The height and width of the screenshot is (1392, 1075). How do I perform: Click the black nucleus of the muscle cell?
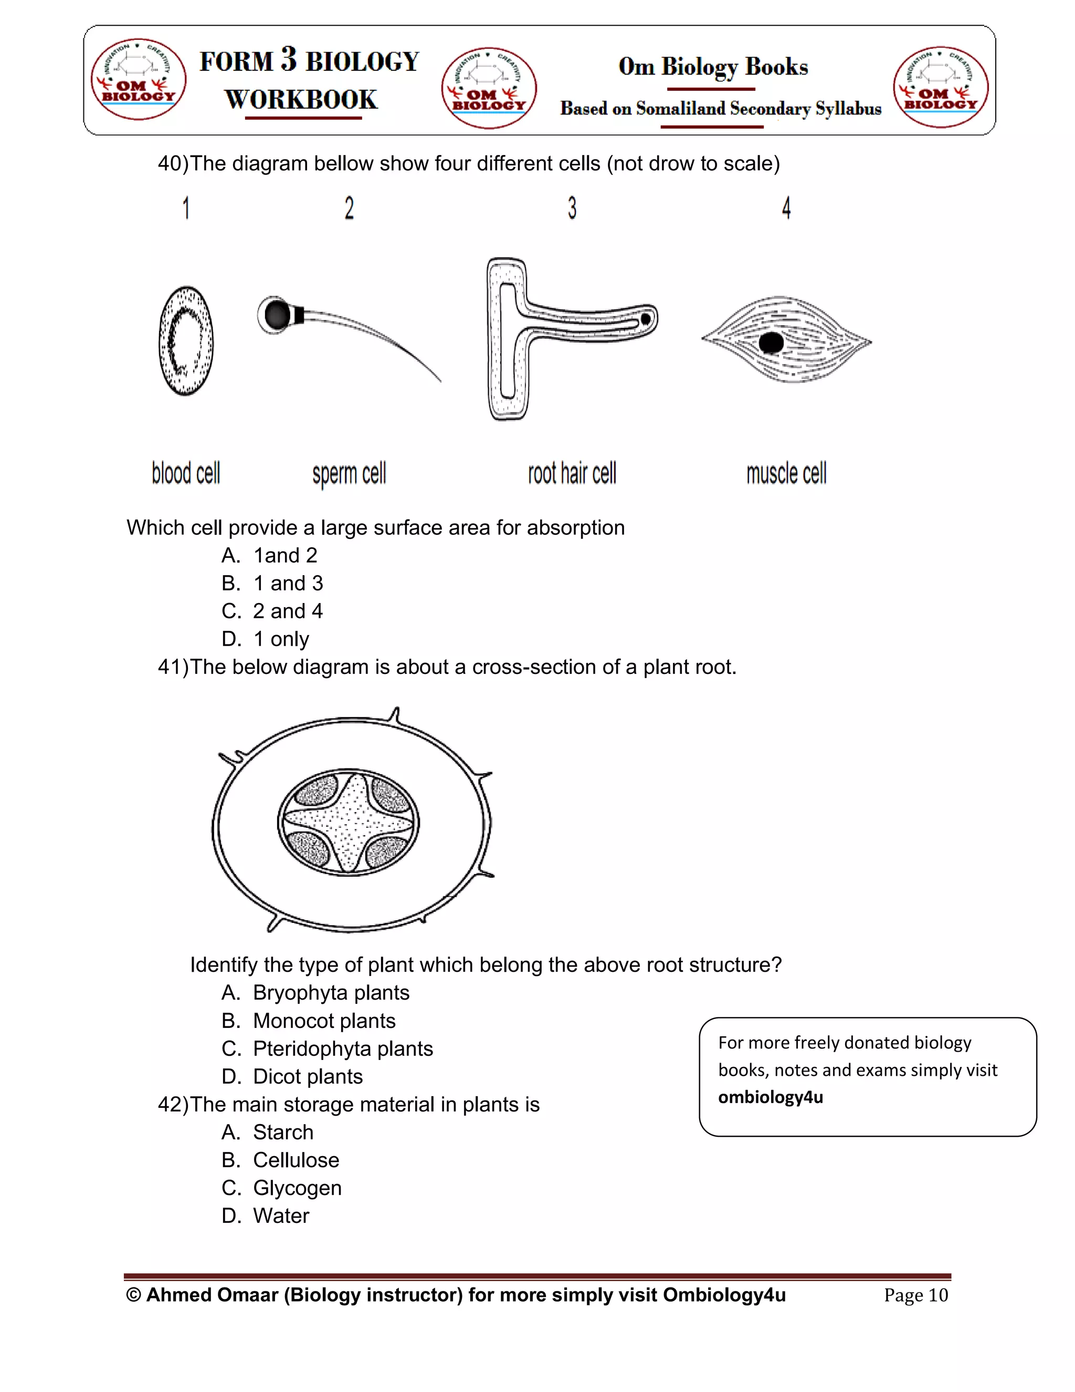(x=771, y=343)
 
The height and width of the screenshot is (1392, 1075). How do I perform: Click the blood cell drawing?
(x=186, y=341)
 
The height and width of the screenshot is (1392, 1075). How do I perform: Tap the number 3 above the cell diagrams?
(x=572, y=209)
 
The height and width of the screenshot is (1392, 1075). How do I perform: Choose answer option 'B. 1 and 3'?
(x=272, y=583)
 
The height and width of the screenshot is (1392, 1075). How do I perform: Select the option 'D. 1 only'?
(x=266, y=639)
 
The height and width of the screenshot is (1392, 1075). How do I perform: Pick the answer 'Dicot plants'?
(x=308, y=1076)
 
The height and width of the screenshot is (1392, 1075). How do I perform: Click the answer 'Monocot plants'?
(x=324, y=1021)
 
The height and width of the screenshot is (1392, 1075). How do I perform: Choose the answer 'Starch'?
(x=283, y=1132)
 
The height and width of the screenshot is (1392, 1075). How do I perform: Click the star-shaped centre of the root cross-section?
(x=349, y=823)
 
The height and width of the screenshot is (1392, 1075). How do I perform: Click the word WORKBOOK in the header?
(x=301, y=99)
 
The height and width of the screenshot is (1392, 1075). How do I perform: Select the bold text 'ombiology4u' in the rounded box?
(x=771, y=1097)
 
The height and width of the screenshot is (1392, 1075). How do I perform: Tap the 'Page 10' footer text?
(x=916, y=1295)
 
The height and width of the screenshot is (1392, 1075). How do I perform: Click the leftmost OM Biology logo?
(x=138, y=79)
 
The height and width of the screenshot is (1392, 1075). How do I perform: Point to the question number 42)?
(x=173, y=1105)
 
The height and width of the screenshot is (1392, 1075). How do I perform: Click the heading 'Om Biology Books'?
(x=713, y=67)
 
